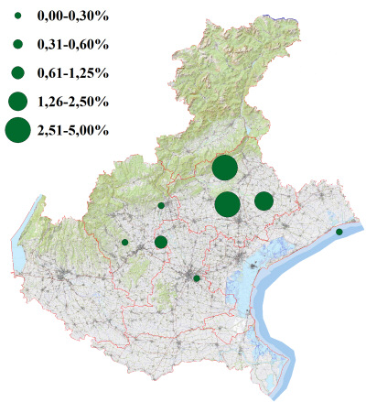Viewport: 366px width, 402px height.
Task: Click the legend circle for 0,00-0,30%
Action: pyautogui.click(x=17, y=16)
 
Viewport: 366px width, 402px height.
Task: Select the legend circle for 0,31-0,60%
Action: pyautogui.click(x=17, y=44)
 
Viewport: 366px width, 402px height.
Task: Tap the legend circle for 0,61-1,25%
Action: pyautogui.click(x=17, y=72)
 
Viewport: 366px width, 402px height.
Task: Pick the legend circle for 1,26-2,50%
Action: pyautogui.click(x=17, y=101)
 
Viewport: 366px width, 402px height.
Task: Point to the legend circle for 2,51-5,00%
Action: pyautogui.click(x=17, y=130)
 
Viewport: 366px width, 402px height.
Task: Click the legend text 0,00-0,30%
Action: pyautogui.click(x=73, y=16)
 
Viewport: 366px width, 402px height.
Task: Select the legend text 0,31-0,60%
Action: pyautogui.click(x=73, y=44)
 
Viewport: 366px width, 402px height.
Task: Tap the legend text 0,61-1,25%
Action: pyautogui.click(x=73, y=72)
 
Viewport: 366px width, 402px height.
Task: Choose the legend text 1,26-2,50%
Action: pyautogui.click(x=73, y=101)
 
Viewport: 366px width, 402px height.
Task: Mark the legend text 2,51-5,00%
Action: pyautogui.click(x=73, y=130)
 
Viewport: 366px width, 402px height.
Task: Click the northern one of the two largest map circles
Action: pyautogui.click(x=225, y=168)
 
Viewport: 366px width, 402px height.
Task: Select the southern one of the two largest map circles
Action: pyautogui.click(x=229, y=204)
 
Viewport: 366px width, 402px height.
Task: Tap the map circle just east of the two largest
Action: pyautogui.click(x=264, y=201)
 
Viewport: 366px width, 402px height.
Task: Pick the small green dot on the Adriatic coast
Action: pyautogui.click(x=339, y=232)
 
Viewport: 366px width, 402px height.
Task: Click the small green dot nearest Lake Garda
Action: pyautogui.click(x=124, y=242)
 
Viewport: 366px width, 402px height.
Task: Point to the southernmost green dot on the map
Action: pyautogui.click(x=197, y=277)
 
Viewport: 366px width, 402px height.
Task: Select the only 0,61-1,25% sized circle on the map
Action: pyautogui.click(x=161, y=242)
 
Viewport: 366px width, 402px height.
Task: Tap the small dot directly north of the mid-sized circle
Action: pyautogui.click(x=161, y=205)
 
